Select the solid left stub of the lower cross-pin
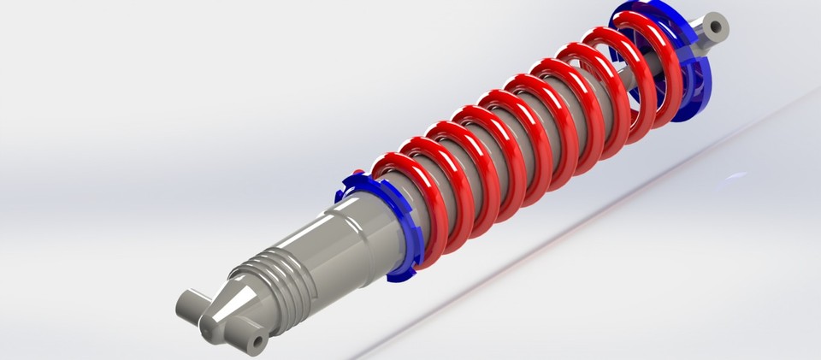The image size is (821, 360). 190,303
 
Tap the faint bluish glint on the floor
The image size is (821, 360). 734,177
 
